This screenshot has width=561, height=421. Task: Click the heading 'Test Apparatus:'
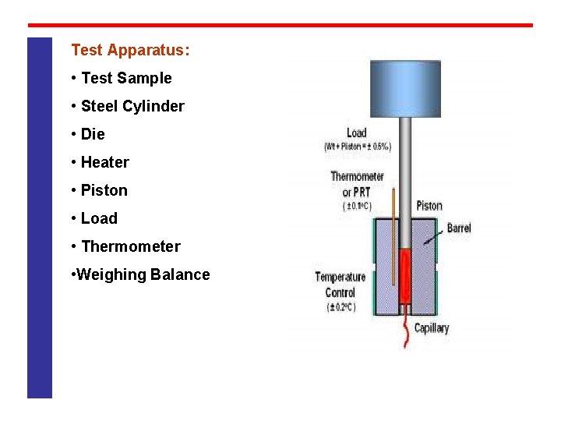pyautogui.click(x=130, y=51)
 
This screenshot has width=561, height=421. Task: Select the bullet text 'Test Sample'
pyautogui.click(x=125, y=78)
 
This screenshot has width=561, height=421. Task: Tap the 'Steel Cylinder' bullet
pyautogui.click(x=132, y=106)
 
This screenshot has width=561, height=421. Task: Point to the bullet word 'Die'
pyautogui.click(x=92, y=134)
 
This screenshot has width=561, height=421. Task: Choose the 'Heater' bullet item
pyautogui.click(x=104, y=162)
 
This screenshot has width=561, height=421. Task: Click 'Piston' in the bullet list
pyautogui.click(x=104, y=190)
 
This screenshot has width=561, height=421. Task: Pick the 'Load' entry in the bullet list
pyautogui.click(x=99, y=218)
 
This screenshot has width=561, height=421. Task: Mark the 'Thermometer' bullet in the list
pyautogui.click(x=130, y=246)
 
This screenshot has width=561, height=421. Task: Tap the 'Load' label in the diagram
pyautogui.click(x=356, y=133)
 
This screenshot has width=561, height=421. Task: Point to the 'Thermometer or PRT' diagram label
pyautogui.click(x=357, y=184)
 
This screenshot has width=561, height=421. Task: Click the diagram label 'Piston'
pyautogui.click(x=429, y=206)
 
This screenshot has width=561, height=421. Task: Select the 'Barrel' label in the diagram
pyautogui.click(x=459, y=228)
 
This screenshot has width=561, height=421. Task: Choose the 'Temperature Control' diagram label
pyautogui.click(x=340, y=284)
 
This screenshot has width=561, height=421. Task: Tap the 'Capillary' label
pyautogui.click(x=432, y=328)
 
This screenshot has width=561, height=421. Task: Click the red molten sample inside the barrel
pyautogui.click(x=405, y=277)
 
